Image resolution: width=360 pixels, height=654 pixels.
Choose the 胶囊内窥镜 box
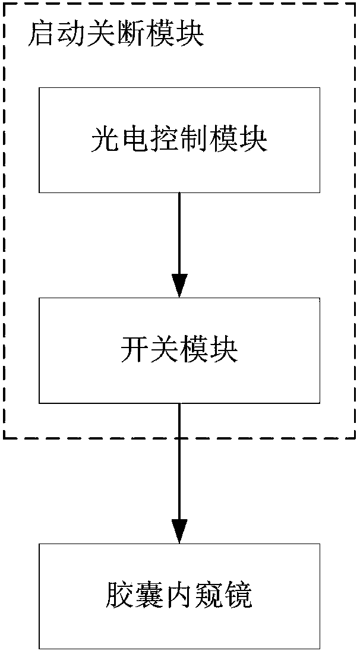(x=179, y=596)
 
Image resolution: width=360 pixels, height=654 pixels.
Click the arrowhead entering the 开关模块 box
(x=179, y=285)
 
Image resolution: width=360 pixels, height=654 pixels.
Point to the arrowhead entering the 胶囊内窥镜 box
(x=179, y=530)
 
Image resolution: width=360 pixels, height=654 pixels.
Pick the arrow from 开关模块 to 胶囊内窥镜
(x=179, y=469)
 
